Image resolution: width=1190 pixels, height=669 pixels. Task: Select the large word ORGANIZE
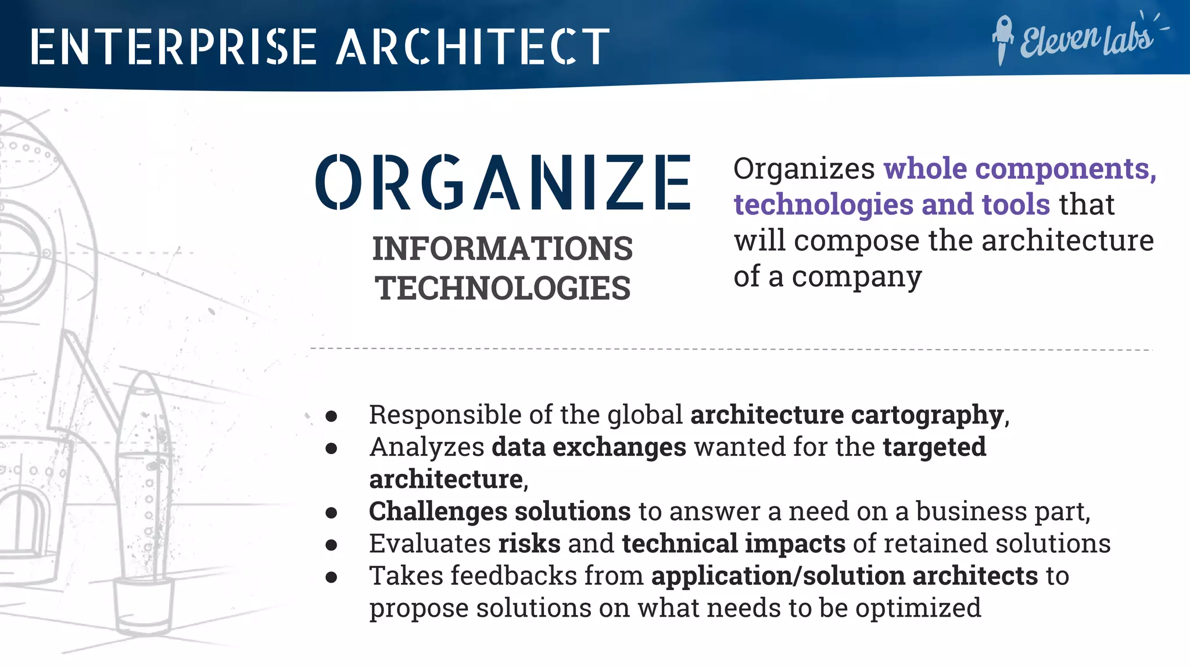pyautogui.click(x=503, y=182)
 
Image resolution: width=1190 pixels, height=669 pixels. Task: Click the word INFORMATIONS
pyautogui.click(x=503, y=249)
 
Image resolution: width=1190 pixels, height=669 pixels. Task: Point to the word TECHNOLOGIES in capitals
pyautogui.click(x=503, y=288)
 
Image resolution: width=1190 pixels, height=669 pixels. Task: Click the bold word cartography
pyautogui.click(x=927, y=415)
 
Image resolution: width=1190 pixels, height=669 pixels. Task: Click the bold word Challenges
pyautogui.click(x=438, y=512)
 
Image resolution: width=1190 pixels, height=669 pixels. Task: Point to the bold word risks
pyautogui.click(x=529, y=544)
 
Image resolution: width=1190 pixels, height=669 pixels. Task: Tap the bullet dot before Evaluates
pyautogui.click(x=332, y=545)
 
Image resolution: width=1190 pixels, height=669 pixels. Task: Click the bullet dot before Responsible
pyautogui.click(x=332, y=416)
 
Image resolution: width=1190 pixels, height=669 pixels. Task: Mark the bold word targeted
pyautogui.click(x=934, y=447)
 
